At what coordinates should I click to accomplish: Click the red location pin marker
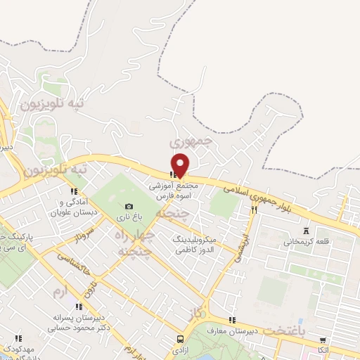pyautogui.click(x=181, y=165)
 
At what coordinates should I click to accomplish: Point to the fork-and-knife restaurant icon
pyautogui.click(x=254, y=210)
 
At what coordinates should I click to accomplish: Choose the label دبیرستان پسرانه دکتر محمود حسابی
pyautogui.click(x=79, y=323)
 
